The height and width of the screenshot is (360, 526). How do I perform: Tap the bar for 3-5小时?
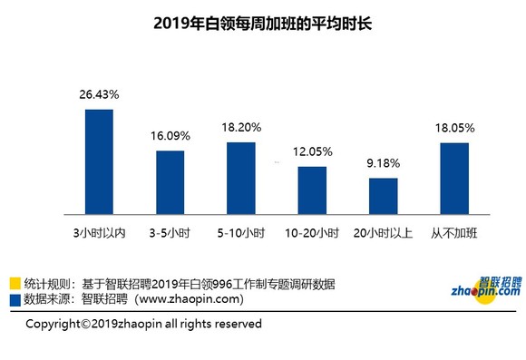point(170,180)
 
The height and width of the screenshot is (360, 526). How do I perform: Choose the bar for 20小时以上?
point(383,193)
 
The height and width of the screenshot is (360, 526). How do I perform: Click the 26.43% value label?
point(99,95)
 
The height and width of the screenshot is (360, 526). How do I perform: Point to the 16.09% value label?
point(170,136)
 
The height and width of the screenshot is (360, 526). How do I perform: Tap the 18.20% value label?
point(240,129)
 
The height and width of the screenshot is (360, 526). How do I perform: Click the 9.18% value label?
point(383,164)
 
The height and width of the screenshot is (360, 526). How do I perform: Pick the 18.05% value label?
point(454,129)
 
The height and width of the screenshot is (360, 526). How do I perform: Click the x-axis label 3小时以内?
point(99,233)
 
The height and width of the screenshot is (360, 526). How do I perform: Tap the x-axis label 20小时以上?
point(383,233)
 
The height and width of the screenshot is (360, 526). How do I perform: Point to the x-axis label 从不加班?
point(454,233)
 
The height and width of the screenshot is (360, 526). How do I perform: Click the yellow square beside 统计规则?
point(15,284)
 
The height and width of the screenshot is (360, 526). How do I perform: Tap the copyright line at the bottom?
point(143,324)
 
